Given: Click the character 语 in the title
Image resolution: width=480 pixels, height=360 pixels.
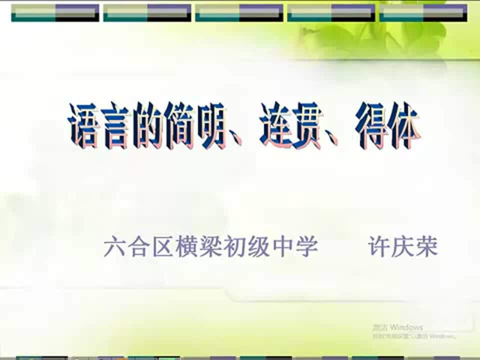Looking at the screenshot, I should coord(83,125).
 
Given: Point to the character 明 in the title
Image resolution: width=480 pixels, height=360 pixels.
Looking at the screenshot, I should coord(210,125).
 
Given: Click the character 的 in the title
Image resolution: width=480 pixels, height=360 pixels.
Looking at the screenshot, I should coord(148,125).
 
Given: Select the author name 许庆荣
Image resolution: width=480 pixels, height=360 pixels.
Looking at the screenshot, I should coord(402,247).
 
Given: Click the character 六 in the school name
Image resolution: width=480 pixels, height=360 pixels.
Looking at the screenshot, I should coord(114,247).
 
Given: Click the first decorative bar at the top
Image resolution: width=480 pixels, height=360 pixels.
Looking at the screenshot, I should coord(55,12).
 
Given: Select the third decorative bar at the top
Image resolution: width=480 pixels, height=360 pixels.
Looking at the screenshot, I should coord(239,12).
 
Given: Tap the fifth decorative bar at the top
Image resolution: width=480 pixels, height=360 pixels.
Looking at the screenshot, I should coord(423,12).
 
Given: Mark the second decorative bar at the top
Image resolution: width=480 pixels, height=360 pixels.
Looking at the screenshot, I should coord(147,12).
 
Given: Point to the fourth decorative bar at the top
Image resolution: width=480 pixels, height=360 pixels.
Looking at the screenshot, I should coord(331,12).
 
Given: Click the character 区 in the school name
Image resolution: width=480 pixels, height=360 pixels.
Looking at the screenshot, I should coord(162,247).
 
